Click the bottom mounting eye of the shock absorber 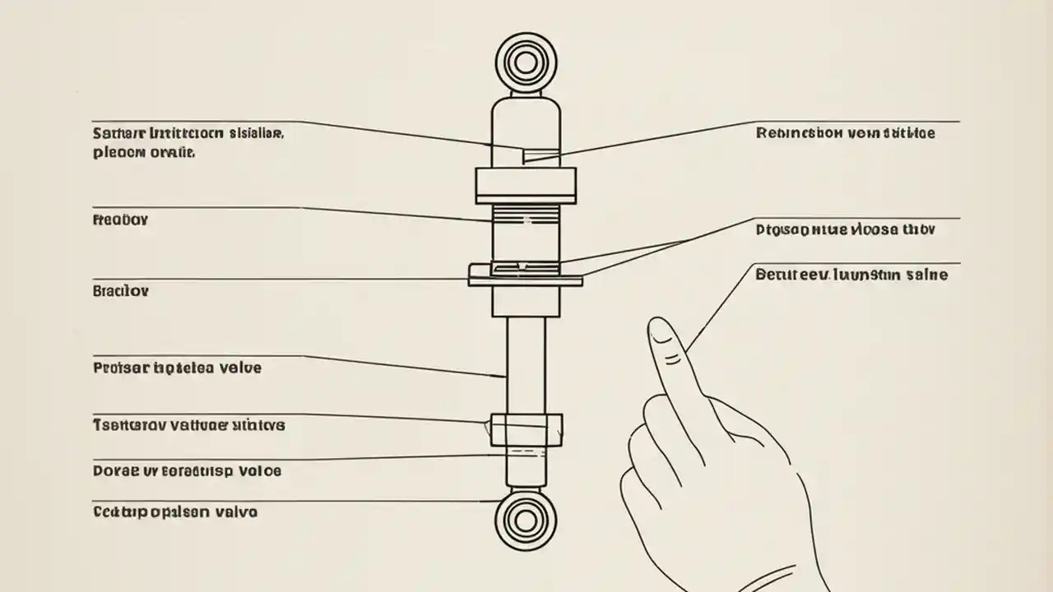526,520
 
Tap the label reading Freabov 121,220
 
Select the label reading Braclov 121,291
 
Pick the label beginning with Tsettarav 189,425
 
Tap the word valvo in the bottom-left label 235,511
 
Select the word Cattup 120,511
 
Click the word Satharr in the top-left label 118,132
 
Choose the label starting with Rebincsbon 845,132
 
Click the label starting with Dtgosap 845,230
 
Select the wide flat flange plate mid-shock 526,275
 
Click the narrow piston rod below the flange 526,362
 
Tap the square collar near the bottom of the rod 526,429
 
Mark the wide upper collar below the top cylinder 526,185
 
